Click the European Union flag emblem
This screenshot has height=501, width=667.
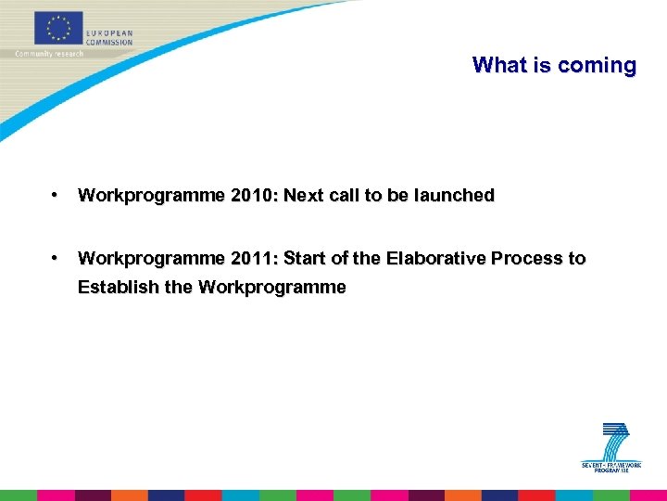point(58,29)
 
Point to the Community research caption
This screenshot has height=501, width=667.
point(49,54)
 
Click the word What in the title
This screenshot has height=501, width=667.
point(498,65)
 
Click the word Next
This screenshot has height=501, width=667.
point(308,195)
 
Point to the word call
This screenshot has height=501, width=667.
point(353,195)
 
